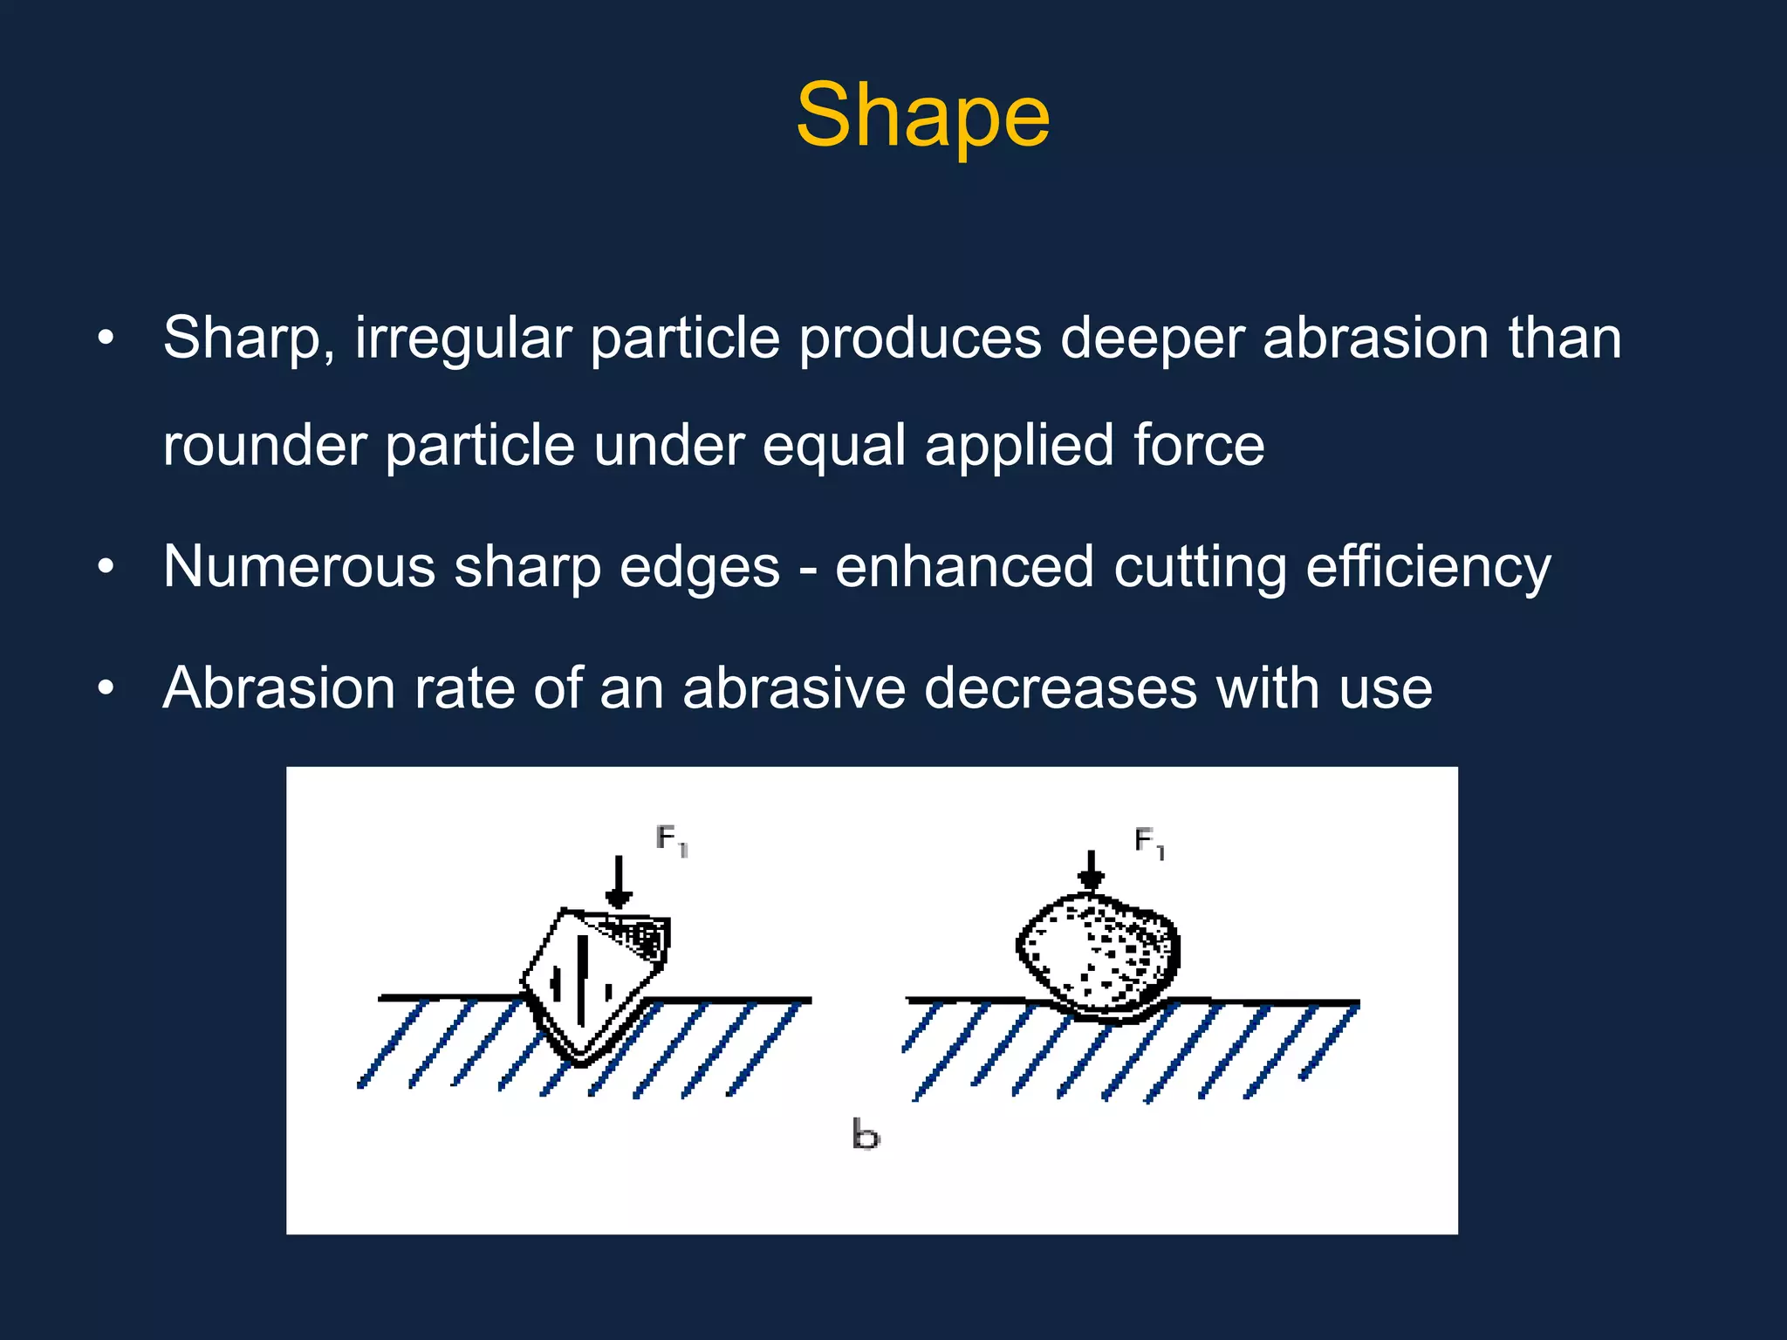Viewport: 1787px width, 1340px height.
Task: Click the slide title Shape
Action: point(922,116)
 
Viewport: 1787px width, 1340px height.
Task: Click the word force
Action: point(1198,445)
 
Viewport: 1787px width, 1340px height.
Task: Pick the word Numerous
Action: point(298,567)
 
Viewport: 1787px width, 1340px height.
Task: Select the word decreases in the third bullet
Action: point(1059,688)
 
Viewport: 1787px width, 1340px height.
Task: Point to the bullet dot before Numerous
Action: point(106,568)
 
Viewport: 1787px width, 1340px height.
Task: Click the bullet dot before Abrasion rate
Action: point(106,689)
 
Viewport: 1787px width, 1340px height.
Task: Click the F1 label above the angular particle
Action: point(672,840)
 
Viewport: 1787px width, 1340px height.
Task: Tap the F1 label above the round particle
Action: point(1149,843)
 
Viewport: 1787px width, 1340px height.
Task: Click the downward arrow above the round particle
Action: point(1091,871)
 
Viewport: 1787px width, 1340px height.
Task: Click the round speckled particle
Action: point(1099,955)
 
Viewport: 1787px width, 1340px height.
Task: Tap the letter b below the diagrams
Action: point(866,1134)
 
